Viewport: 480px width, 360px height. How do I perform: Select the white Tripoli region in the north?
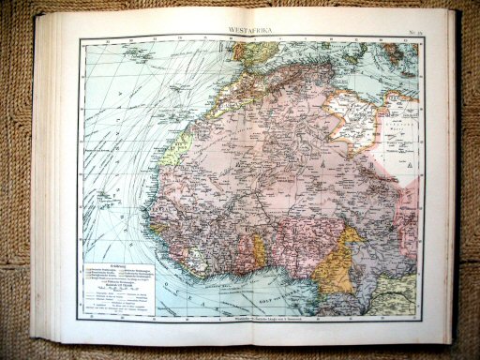tap(356, 117)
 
